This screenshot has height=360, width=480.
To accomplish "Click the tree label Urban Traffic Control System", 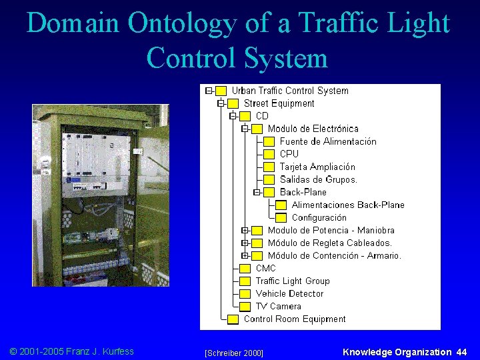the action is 290,91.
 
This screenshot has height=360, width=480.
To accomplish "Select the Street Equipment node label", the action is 279,103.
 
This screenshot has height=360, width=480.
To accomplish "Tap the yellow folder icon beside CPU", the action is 269,154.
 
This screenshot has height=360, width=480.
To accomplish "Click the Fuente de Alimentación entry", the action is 328,141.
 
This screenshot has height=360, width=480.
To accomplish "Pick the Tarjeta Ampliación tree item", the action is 317,167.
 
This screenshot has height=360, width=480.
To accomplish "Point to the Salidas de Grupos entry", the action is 319,179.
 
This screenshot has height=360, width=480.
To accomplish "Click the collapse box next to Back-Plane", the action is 257,193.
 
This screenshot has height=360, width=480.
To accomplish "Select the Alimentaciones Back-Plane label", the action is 348,205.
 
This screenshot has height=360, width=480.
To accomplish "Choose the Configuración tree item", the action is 319,217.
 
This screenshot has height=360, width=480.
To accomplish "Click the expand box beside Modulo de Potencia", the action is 245,231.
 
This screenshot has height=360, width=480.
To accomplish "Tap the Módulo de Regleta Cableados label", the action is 330,243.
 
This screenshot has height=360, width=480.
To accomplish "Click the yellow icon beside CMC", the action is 245,269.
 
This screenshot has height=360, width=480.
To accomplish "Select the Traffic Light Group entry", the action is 293,281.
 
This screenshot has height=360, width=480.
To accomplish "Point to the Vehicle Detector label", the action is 289,293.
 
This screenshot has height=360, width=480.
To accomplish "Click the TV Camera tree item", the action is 278,306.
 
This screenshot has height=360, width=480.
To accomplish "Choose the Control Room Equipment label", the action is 295,319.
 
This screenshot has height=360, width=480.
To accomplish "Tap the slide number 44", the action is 462,352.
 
